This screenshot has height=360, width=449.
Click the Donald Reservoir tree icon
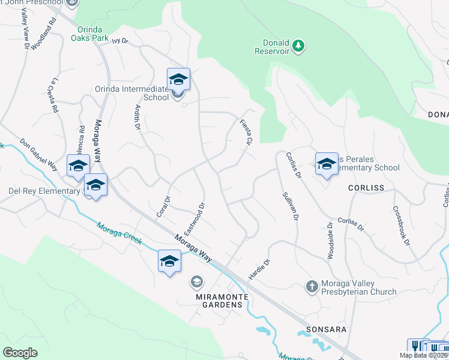coord(298,45)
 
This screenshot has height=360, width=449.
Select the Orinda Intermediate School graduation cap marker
coord(178,79)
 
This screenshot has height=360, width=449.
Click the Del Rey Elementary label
coord(44,191)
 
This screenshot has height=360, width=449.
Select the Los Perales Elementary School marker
coord(326,163)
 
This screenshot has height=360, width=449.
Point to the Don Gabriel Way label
coord(38,154)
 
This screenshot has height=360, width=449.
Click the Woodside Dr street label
coord(330,241)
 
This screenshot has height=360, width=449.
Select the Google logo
coord(20,352)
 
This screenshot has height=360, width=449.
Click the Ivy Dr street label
coord(121,41)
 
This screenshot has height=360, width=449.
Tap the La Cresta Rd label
coord(55,95)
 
